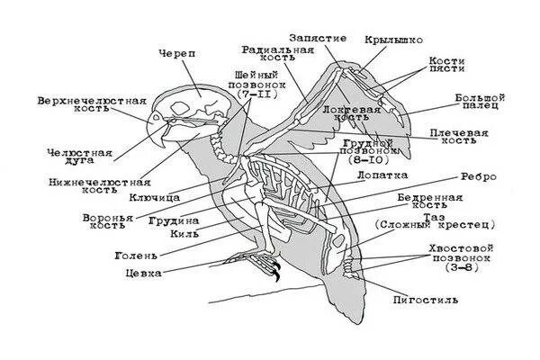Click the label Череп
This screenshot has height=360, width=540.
click(x=175, y=53)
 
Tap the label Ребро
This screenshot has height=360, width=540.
click(x=476, y=177)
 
